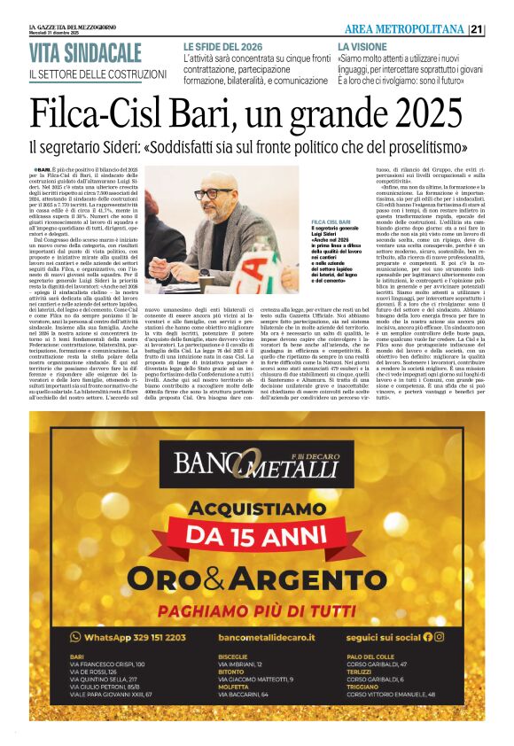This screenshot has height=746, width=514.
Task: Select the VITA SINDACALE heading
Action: click(x=86, y=52)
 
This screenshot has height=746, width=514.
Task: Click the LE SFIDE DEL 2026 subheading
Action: click(x=222, y=46)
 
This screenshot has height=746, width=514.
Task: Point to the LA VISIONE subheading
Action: click(x=362, y=46)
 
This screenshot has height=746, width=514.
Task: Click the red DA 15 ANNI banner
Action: click(x=256, y=535)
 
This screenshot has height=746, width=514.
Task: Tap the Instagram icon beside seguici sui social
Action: click(x=439, y=636)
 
